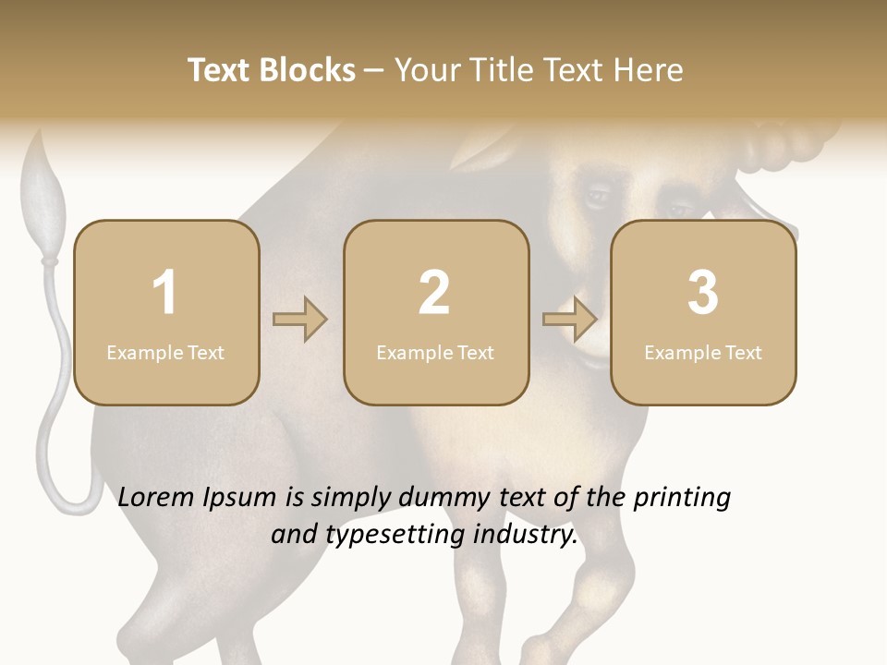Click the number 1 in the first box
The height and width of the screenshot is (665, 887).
click(x=165, y=293)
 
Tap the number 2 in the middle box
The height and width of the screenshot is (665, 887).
click(x=434, y=293)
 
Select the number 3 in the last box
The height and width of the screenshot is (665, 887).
click(x=703, y=293)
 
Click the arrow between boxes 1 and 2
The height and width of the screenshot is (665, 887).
click(x=300, y=320)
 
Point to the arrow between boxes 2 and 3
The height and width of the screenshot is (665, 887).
click(x=570, y=320)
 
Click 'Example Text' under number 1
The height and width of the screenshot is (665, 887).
click(x=165, y=353)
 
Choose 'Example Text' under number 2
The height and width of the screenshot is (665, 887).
click(x=435, y=353)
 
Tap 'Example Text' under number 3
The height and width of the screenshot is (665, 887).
click(x=703, y=353)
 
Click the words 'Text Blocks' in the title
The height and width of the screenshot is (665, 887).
click(x=272, y=70)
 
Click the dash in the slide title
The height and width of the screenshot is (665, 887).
click(x=375, y=71)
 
